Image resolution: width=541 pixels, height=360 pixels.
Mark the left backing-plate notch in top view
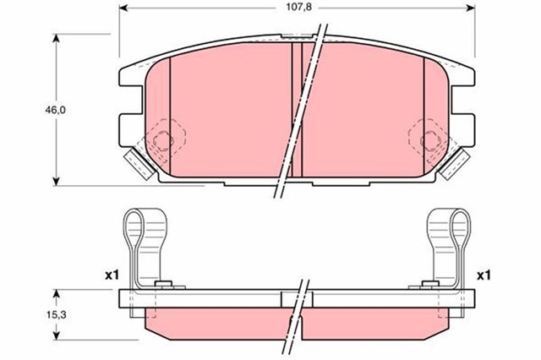126,103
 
